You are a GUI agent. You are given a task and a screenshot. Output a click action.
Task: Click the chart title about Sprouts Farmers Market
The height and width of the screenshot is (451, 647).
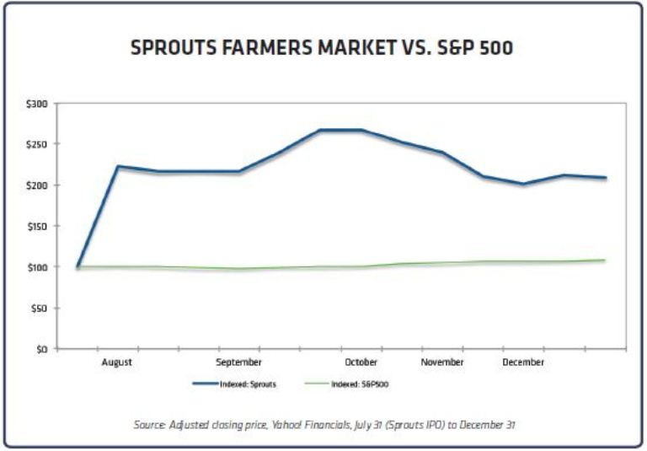pos(322,48)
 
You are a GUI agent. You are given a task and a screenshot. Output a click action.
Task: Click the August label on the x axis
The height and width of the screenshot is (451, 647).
pos(117,362)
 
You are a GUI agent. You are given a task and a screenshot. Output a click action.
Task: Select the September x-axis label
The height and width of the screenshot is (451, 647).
pos(238,362)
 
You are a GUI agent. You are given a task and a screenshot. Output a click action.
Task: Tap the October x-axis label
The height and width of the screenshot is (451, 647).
pos(361,362)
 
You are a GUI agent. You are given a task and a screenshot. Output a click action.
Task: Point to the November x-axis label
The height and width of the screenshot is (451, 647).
pos(442,362)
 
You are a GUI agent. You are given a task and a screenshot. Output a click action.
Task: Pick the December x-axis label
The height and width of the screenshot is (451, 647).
pos(523,362)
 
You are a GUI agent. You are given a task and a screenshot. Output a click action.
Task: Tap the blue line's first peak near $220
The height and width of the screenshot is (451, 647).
pos(118,167)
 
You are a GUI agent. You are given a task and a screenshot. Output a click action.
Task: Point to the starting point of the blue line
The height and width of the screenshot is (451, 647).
pos(78,267)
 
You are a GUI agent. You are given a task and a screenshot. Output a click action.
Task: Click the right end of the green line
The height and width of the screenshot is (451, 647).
pos(604,260)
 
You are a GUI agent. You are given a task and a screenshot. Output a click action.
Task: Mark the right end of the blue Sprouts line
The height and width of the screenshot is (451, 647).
pos(604,178)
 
